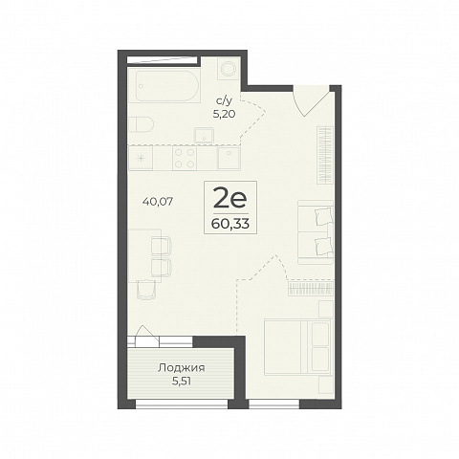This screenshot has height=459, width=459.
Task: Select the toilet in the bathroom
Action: pyautogui.click(x=141, y=124)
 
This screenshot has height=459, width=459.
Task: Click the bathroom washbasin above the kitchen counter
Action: pyautogui.click(x=205, y=135)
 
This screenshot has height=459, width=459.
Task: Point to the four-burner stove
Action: pyautogui.click(x=185, y=158)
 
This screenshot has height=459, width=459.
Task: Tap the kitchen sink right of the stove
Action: pyautogui.click(x=229, y=158)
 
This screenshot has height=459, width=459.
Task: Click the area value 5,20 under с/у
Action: pyautogui.click(x=224, y=114)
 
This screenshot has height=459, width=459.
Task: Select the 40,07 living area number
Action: pyautogui.click(x=158, y=202)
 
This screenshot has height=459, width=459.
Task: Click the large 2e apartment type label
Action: pyautogui.click(x=230, y=197)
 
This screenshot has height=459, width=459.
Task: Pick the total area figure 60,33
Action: pyautogui.click(x=230, y=224)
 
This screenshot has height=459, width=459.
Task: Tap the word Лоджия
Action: pyautogui.click(x=182, y=368)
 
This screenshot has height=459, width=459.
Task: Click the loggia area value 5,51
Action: pyautogui.click(x=182, y=382)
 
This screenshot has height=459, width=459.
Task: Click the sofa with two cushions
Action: pyautogui.click(x=316, y=232)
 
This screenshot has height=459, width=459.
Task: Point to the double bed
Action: pyautogui.click(x=298, y=346)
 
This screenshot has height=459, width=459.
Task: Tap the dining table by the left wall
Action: pyautogui.click(x=144, y=255)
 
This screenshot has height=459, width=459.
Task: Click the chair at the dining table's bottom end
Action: pyautogui.click(x=146, y=290)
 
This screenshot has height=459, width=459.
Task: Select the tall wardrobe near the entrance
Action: pyautogui.click(x=325, y=155)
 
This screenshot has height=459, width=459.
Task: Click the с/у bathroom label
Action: pyautogui.click(x=224, y=101)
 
